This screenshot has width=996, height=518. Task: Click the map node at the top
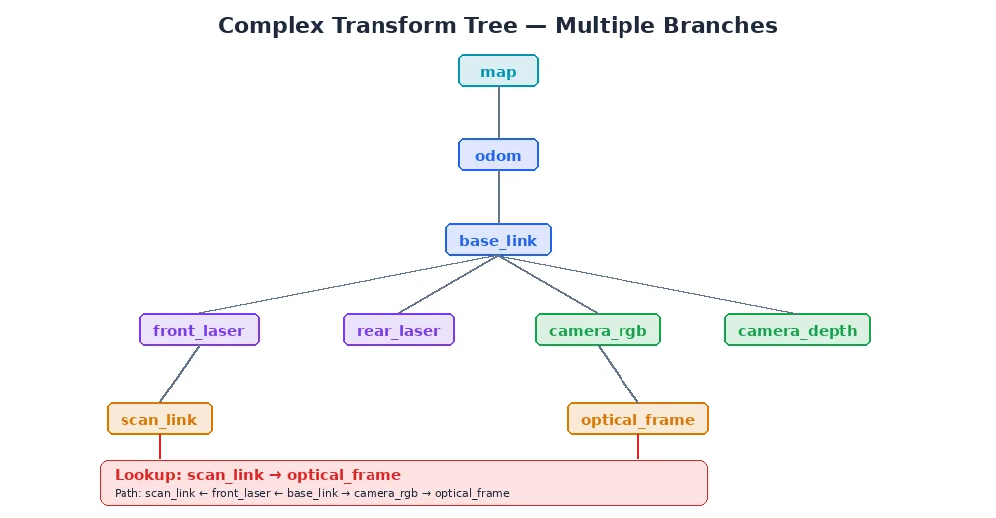[498, 71]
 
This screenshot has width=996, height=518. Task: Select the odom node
[498, 155]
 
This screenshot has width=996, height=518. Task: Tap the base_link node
[498, 240]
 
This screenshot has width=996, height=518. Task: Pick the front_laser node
[199, 330]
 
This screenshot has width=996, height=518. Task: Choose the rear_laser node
[398, 330]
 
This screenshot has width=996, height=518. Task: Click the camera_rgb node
[598, 330]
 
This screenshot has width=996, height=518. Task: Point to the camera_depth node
[797, 330]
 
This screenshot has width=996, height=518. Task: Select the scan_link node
[159, 419]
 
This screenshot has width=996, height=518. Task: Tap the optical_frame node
[637, 419]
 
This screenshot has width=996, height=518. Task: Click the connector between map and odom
[498, 113]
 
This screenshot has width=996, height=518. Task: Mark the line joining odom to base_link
[498, 197]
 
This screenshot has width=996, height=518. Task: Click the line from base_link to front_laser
[349, 285]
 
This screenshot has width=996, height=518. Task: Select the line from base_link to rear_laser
[448, 285]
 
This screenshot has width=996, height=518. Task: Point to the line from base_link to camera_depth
[647, 285]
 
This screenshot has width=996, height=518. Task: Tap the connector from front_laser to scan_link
[179, 375]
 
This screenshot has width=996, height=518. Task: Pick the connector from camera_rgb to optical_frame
[618, 375]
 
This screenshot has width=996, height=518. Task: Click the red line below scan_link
[160, 447]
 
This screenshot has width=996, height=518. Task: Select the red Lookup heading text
[257, 475]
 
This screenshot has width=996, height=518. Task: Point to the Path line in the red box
[312, 493]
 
